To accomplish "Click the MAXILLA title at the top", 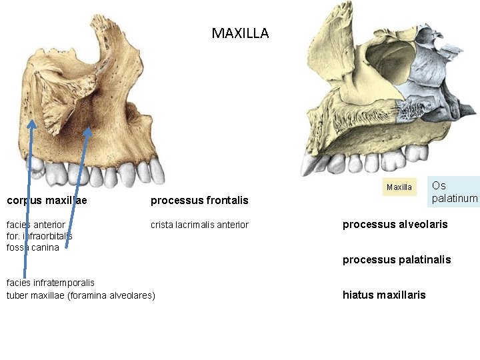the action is [x=240, y=33].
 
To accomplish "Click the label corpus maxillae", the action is [x=47, y=200].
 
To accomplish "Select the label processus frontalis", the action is [x=199, y=200].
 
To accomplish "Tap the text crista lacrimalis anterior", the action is [x=199, y=225].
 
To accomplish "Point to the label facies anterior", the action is [x=36, y=225].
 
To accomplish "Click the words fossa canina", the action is [x=33, y=247].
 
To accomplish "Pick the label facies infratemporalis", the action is [x=51, y=283].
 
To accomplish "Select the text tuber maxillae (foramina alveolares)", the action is [x=81, y=295].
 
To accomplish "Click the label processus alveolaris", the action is [x=395, y=224].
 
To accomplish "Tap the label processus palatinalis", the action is [x=397, y=259].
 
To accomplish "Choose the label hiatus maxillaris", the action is [x=384, y=295].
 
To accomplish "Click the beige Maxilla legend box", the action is [x=399, y=187].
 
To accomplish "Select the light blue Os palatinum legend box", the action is [x=455, y=191].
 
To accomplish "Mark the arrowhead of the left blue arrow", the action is [x=31, y=124].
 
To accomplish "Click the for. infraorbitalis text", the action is [x=39, y=236].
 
